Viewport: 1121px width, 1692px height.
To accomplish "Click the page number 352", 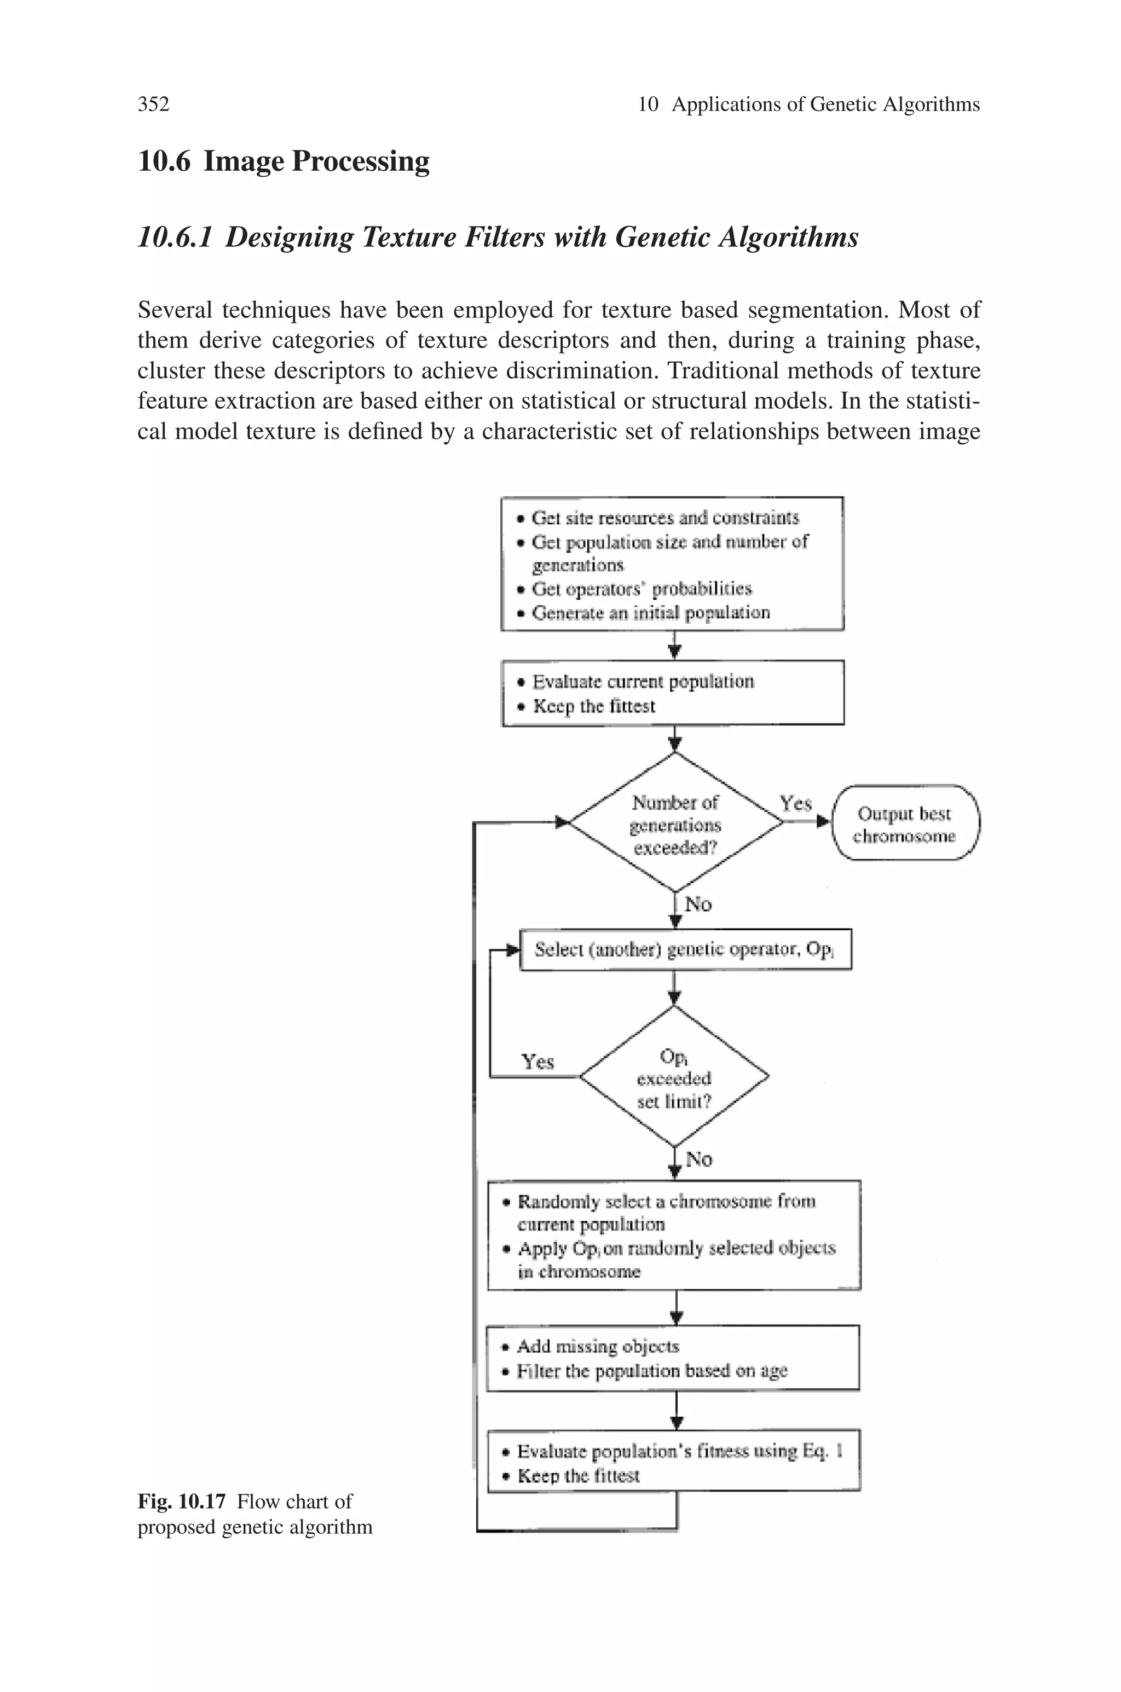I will point(153,105).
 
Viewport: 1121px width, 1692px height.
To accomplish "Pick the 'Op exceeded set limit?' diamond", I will point(674,1077).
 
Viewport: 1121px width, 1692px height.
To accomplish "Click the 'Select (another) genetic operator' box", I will point(685,949).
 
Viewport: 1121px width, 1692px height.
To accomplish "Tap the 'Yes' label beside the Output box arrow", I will point(795,804).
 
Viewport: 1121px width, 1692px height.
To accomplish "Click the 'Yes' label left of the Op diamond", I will point(538,1062).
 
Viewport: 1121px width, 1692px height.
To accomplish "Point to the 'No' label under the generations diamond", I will point(698,905).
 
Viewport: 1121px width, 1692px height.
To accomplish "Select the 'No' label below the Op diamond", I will point(698,1160).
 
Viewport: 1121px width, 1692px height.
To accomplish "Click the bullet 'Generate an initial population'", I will point(651,613).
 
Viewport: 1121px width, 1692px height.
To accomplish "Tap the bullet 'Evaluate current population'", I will point(643,682).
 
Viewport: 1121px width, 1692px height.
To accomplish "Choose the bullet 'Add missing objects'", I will point(597,1347).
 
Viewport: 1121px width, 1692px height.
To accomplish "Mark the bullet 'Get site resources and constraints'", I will point(665,517).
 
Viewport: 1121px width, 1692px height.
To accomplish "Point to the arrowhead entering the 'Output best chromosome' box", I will point(824,822).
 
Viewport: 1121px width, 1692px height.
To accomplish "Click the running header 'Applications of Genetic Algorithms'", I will point(825,105).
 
